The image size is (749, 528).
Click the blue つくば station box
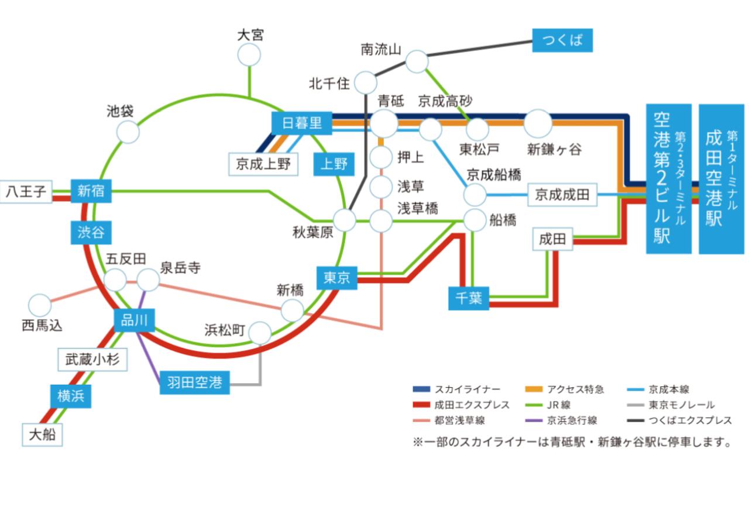(562, 40)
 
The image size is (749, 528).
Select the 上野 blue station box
(334, 164)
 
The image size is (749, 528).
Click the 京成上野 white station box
(263, 164)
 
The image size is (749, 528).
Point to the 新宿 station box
(91, 191)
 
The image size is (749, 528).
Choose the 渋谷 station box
(91, 232)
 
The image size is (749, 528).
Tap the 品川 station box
(134, 319)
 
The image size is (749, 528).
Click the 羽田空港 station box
(194, 383)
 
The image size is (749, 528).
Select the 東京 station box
(336, 278)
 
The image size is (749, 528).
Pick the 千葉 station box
(469, 298)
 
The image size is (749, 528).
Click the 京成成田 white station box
(562, 195)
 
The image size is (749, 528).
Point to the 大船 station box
(42, 435)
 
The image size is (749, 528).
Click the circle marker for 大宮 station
(249, 56)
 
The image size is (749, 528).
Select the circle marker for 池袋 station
(128, 132)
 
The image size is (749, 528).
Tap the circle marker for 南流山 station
(417, 61)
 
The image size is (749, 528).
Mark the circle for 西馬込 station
(40, 305)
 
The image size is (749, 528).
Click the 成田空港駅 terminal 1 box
(721, 179)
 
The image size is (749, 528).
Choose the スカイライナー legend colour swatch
(421, 389)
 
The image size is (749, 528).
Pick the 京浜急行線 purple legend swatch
(534, 420)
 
